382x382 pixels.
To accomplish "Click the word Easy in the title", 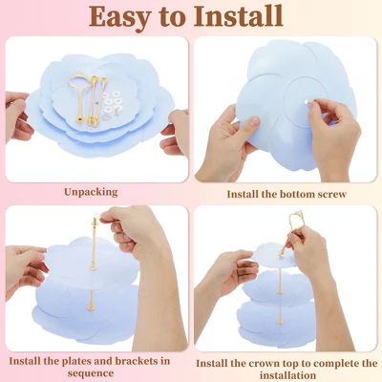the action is click(118, 16).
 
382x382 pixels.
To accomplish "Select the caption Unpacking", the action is click(91, 192).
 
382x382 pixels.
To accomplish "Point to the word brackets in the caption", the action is click(137, 361).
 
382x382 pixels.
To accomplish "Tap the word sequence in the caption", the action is click(91, 373).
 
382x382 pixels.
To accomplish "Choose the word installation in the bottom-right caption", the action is click(287, 375).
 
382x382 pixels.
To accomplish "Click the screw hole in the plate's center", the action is click(308, 102).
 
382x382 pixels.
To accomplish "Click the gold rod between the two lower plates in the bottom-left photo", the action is click(91, 300).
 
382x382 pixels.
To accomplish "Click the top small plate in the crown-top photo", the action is click(273, 256).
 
